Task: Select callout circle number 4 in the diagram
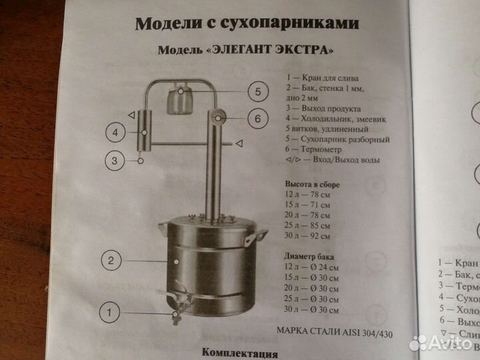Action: [x=116, y=133]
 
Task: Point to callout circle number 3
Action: [x=116, y=161]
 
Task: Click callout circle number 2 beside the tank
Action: [x=113, y=260]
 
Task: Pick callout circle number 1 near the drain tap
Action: [x=113, y=310]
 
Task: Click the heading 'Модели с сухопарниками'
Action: [x=247, y=24]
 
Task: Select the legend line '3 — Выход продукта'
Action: [x=323, y=108]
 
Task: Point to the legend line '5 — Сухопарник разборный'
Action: [x=337, y=140]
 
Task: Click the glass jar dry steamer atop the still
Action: [x=178, y=97]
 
